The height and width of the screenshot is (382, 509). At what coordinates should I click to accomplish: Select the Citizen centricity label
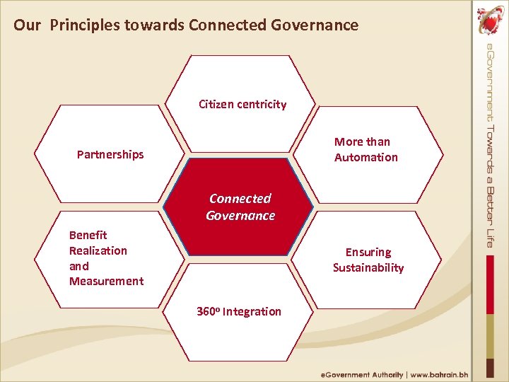[242, 105]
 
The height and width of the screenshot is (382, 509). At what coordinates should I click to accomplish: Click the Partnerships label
[110, 154]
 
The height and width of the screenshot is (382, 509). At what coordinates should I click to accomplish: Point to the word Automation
[365, 157]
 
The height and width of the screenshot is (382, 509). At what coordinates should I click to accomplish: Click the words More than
[362, 141]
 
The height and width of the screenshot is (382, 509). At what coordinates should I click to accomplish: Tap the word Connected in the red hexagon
[240, 199]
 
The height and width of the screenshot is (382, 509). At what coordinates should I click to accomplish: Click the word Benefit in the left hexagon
[88, 235]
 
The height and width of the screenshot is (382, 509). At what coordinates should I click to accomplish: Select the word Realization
[98, 250]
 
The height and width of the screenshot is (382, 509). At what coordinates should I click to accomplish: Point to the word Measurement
[106, 281]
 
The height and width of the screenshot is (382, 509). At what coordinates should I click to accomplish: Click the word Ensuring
[368, 252]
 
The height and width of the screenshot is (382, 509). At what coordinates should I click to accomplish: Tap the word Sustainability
[368, 267]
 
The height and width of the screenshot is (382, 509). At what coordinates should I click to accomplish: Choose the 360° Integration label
[239, 311]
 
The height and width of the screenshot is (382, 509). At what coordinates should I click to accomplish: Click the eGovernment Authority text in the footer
[362, 374]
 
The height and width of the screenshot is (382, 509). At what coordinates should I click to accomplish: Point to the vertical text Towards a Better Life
[490, 185]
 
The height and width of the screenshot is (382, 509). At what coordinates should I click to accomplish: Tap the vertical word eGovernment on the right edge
[490, 82]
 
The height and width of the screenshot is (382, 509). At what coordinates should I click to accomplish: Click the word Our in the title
[27, 25]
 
